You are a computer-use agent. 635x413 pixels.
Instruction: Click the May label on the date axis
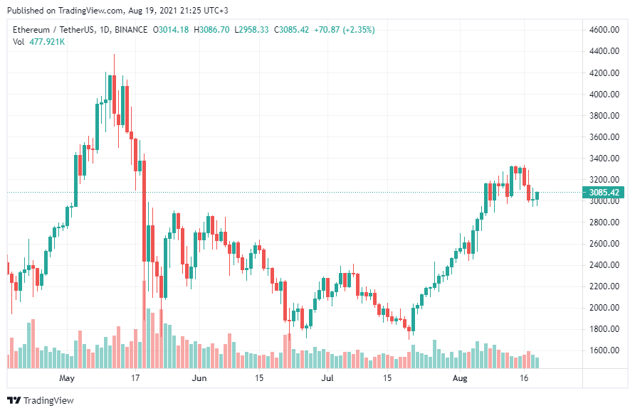[x=67, y=378]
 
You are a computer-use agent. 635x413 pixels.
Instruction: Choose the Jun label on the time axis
[x=199, y=378]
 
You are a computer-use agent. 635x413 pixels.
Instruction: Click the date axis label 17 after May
[x=134, y=378]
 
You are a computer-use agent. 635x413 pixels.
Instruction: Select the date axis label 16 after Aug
[x=524, y=378]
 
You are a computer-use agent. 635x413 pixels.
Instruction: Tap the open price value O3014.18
[x=172, y=30]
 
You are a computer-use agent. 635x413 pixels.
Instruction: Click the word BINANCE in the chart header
[x=131, y=30]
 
